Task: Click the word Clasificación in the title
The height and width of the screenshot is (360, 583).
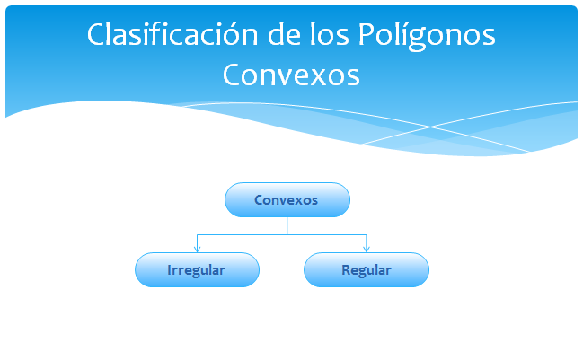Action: pos(172,34)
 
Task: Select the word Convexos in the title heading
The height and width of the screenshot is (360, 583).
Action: pos(291,75)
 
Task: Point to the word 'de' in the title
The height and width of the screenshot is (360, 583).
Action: pos(284,34)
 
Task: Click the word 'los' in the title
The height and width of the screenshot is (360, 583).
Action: pos(330,34)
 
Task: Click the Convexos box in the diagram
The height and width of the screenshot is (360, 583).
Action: pos(287,200)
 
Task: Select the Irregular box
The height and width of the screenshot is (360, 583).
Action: pos(197,269)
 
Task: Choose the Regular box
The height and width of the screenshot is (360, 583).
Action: pos(367,269)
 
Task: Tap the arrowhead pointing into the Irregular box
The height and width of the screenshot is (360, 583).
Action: pos(197,249)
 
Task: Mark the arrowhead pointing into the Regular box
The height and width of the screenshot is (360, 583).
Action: pos(367,249)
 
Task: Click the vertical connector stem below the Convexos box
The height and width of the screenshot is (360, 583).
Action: pos(287,226)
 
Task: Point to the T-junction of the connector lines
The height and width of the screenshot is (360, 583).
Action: pos(287,235)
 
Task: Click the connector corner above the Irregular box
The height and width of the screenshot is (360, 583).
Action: pos(197,235)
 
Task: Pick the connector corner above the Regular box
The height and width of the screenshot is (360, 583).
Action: pos(367,235)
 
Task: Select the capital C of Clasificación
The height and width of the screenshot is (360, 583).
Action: pos(96,34)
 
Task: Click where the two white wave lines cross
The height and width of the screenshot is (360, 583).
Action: pos(431,127)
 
